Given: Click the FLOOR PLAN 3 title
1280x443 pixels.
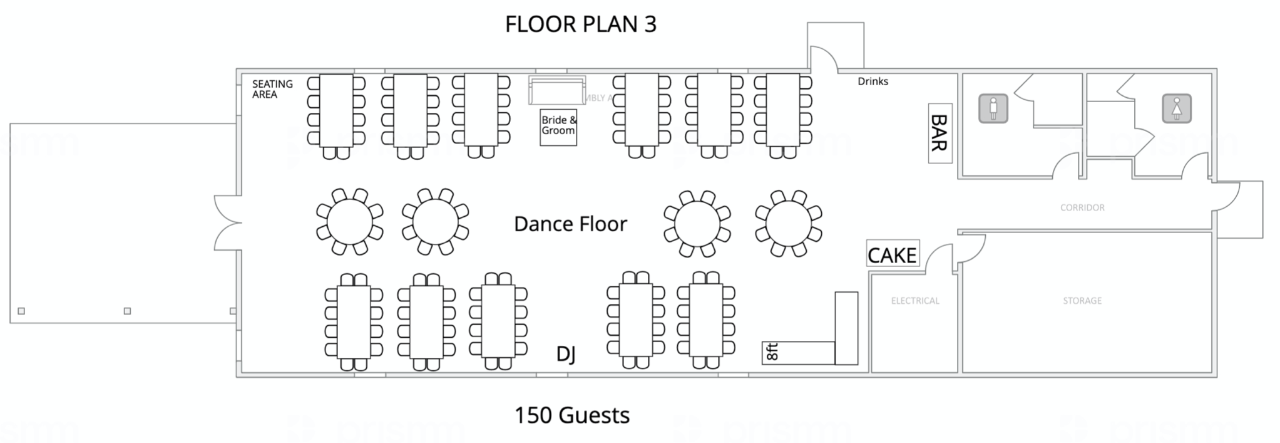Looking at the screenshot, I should pos(580,24).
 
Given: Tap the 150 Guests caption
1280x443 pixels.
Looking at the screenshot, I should pos(571,415).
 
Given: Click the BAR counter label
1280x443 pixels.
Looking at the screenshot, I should pos(940,133).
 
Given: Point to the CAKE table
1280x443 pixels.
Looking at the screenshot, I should pos(892,254).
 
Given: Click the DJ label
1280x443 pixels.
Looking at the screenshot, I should pos(566,355).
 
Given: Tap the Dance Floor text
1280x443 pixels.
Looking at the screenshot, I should pos(570,224).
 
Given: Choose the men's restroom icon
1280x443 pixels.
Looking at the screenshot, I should pos(993,108).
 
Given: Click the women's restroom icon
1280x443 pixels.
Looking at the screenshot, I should pos(1177,108).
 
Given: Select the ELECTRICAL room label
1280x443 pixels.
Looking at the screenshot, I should pos(915,301).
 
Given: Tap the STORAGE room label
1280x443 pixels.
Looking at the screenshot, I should pos(1082,301).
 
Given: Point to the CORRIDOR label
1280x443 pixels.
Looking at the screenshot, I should pos(1082,207).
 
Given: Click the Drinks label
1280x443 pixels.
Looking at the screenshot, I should pos(873,81).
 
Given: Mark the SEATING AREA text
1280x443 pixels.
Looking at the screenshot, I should pos(272,89).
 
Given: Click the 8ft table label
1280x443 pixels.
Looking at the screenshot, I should pos(772,352).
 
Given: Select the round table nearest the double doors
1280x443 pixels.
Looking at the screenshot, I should pos(350,222).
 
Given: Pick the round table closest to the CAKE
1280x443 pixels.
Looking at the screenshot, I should pos(789,223).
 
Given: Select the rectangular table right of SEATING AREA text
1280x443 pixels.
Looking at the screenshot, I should pos(336,111).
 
